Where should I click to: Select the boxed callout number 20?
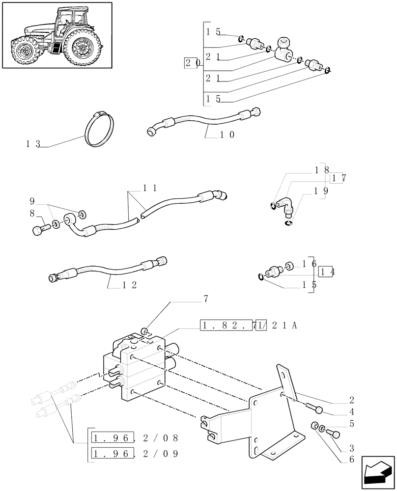191,63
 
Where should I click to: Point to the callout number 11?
150,188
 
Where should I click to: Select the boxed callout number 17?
340,179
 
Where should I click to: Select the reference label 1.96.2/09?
133,453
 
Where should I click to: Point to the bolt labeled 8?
40,228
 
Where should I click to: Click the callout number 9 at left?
32,201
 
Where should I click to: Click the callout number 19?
323,191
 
